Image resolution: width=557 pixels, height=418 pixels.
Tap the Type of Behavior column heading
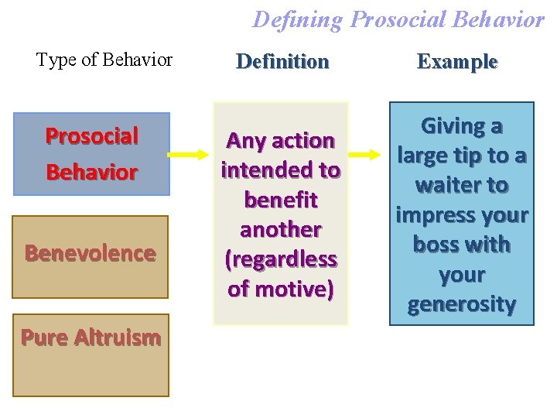[x=104, y=60]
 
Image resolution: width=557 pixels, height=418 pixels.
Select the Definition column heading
[x=282, y=61]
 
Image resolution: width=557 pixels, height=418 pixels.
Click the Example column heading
[x=457, y=61]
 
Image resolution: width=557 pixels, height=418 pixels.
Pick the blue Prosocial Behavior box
[x=91, y=153]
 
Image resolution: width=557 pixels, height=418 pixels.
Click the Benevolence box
[x=91, y=255]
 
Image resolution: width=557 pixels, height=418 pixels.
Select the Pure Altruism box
[x=91, y=355]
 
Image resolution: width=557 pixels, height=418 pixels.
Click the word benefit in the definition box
[x=281, y=200]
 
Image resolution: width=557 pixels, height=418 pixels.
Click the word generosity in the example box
[x=462, y=304]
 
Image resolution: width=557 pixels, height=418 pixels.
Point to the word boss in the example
[x=437, y=245]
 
